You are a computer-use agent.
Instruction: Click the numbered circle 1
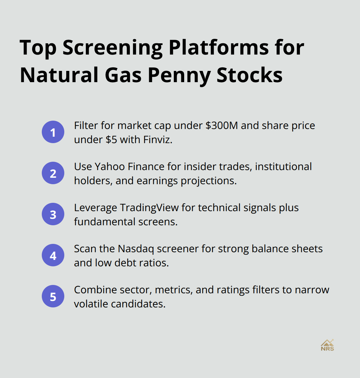(53, 132)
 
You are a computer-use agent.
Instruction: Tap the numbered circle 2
(53, 173)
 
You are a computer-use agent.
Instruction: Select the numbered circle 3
(53, 214)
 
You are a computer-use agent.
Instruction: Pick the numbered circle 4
(53, 255)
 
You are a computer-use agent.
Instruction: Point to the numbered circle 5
(53, 296)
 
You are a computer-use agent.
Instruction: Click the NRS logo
(327, 345)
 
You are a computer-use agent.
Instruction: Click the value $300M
(222, 125)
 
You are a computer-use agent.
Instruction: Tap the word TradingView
(149, 208)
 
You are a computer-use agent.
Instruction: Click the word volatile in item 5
(91, 304)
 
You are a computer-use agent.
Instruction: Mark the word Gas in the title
(123, 75)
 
